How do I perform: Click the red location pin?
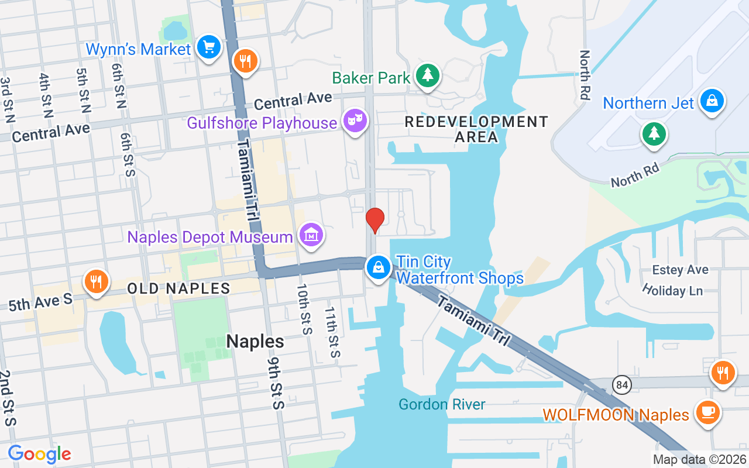click(374, 221)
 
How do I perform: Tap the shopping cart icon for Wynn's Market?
click(208, 47)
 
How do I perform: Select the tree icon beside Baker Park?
click(428, 75)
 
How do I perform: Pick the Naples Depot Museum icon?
click(311, 235)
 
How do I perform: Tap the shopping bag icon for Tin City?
click(379, 267)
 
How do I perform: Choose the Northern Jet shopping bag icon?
click(711, 101)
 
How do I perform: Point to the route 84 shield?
click(622, 385)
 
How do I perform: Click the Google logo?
click(40, 454)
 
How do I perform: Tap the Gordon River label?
click(442, 404)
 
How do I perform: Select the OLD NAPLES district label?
click(178, 288)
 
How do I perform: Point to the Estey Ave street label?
click(681, 270)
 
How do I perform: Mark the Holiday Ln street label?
click(672, 290)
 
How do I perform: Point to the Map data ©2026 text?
click(699, 459)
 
